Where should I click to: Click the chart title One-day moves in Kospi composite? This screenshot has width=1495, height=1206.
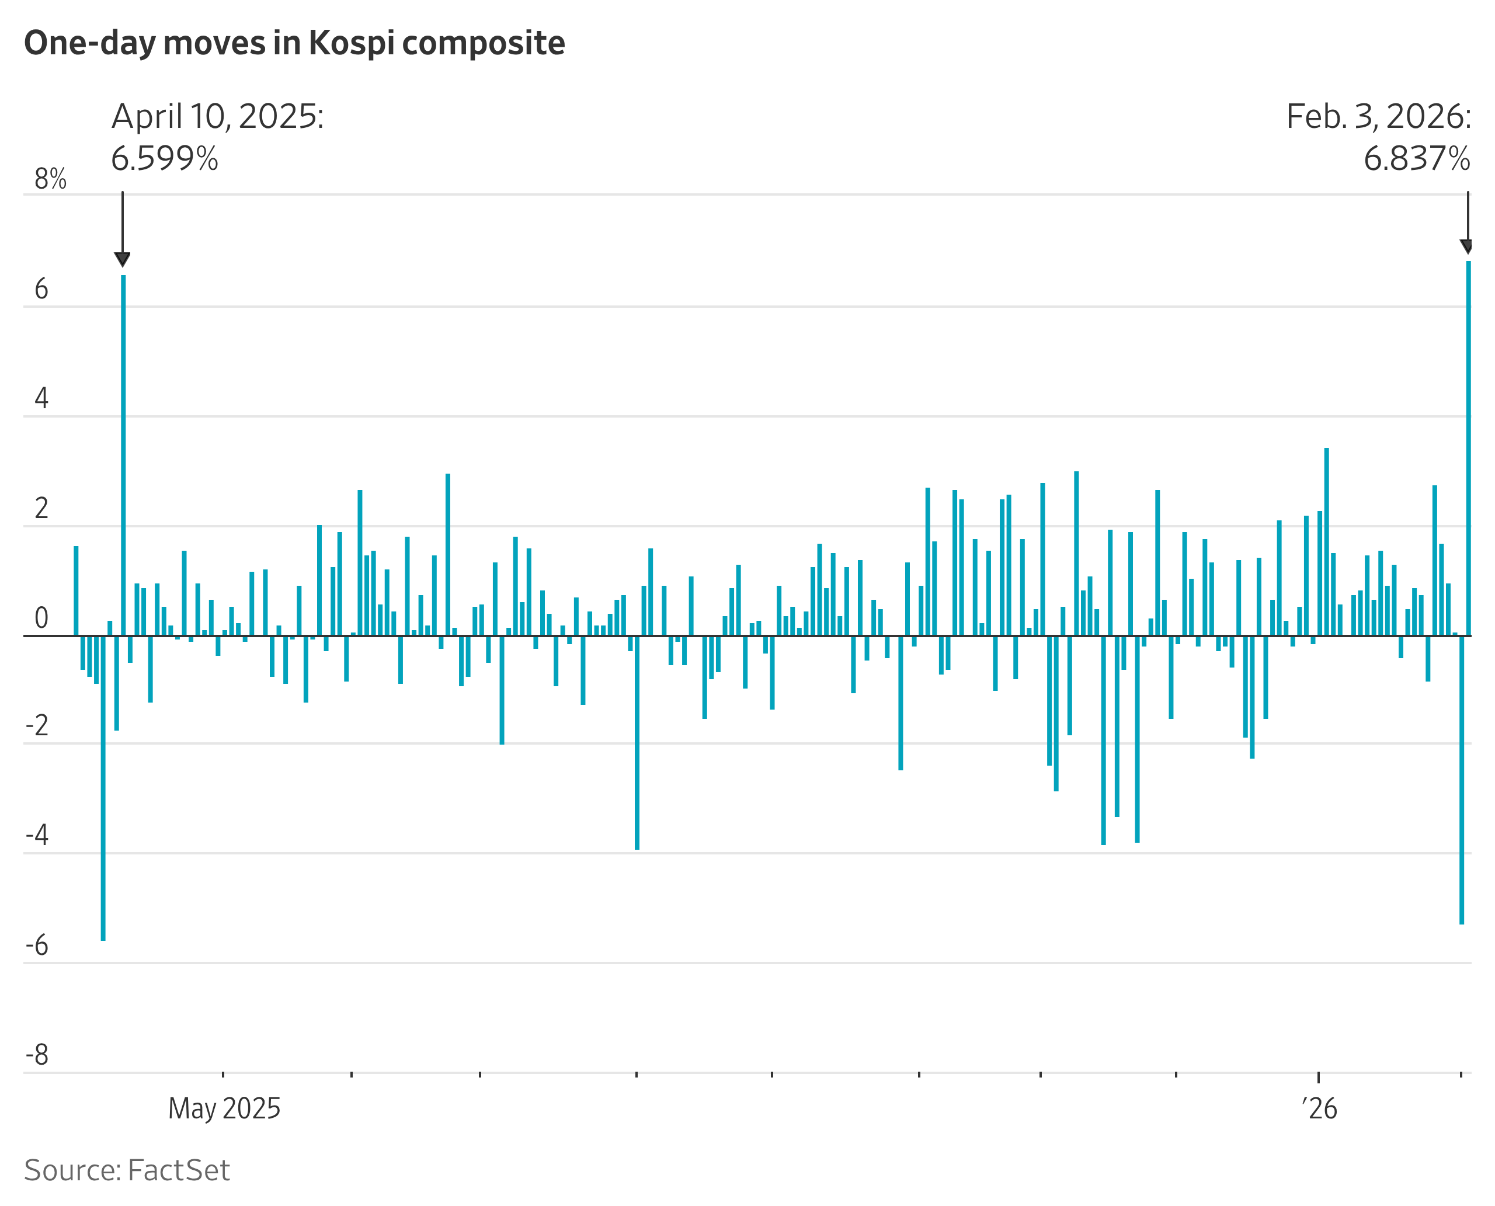click(294, 43)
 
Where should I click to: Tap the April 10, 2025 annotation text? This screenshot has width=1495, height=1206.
click(217, 117)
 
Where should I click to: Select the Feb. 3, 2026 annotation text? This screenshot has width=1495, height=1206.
click(1378, 117)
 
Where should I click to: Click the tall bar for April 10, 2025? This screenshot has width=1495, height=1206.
click(123, 455)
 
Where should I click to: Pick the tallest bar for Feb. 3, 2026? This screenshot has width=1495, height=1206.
click(1468, 448)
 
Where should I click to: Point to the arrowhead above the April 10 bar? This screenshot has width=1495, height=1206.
click(122, 260)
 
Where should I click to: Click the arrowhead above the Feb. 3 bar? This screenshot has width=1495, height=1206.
click(1466, 246)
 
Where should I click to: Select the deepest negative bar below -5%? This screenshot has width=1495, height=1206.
click(103, 788)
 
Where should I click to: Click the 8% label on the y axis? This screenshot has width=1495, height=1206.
click(50, 179)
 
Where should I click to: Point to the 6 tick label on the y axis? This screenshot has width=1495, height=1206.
click(41, 289)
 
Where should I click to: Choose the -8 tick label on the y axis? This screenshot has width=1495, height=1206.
click(37, 1055)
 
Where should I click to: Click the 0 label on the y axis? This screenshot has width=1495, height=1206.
click(41, 617)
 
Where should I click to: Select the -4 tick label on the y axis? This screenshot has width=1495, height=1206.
click(37, 835)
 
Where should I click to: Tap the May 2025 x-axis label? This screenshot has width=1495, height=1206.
click(224, 1108)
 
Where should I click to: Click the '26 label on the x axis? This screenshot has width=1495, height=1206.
click(1319, 1108)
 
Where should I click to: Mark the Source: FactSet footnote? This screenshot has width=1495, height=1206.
click(127, 1170)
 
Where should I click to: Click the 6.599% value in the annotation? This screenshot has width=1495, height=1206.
click(165, 159)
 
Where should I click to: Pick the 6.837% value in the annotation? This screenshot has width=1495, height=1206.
click(1417, 159)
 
